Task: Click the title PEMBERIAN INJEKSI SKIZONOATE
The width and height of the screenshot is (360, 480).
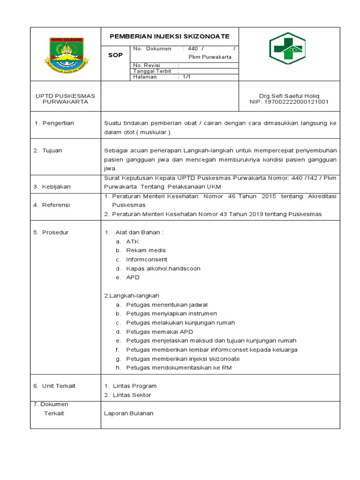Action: [169, 36]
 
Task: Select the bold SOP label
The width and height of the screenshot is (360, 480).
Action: [115, 55]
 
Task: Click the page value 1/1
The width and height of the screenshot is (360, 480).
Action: [186, 77]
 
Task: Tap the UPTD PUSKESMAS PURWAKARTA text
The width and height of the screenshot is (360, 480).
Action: [65, 98]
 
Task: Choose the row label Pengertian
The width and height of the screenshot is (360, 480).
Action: [58, 123]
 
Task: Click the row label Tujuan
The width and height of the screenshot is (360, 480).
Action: [52, 150]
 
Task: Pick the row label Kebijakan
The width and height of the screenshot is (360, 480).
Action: [56, 187]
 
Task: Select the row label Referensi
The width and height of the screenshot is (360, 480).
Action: [56, 205]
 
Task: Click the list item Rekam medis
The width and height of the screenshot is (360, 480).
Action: [146, 250]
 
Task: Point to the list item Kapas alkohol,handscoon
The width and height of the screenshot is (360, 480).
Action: [163, 269]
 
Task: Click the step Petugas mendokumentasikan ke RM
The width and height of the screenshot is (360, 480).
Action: [179, 367]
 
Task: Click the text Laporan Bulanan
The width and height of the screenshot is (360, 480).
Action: [128, 413]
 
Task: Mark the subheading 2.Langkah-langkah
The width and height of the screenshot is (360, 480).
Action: [131, 295]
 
